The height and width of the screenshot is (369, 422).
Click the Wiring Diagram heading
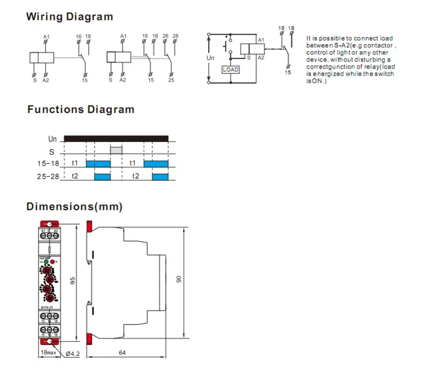pyautogui.click(x=70, y=16)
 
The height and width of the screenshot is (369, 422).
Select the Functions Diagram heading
pyautogui.click(x=80, y=109)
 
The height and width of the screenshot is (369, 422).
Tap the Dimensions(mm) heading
pyautogui.click(x=75, y=207)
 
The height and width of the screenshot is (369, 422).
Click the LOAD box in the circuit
pyautogui.click(x=231, y=70)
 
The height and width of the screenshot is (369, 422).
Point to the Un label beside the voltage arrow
pyautogui.click(x=212, y=57)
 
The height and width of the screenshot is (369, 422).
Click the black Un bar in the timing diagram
pyautogui.click(x=116, y=138)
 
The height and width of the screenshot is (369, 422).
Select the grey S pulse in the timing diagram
pyautogui.click(x=116, y=150)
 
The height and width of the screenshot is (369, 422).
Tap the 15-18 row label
pyautogui.click(x=47, y=163)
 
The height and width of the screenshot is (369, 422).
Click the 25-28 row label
pyautogui.click(x=47, y=176)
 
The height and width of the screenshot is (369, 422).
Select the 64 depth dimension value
pyautogui.click(x=122, y=353)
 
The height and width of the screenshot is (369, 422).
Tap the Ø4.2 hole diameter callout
pyautogui.click(x=73, y=353)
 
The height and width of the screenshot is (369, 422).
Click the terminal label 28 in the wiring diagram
pyautogui.click(x=175, y=36)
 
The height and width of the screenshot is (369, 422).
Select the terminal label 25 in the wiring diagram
pyautogui.click(x=171, y=80)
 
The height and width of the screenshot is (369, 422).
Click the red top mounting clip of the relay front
pyautogui.click(x=49, y=224)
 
